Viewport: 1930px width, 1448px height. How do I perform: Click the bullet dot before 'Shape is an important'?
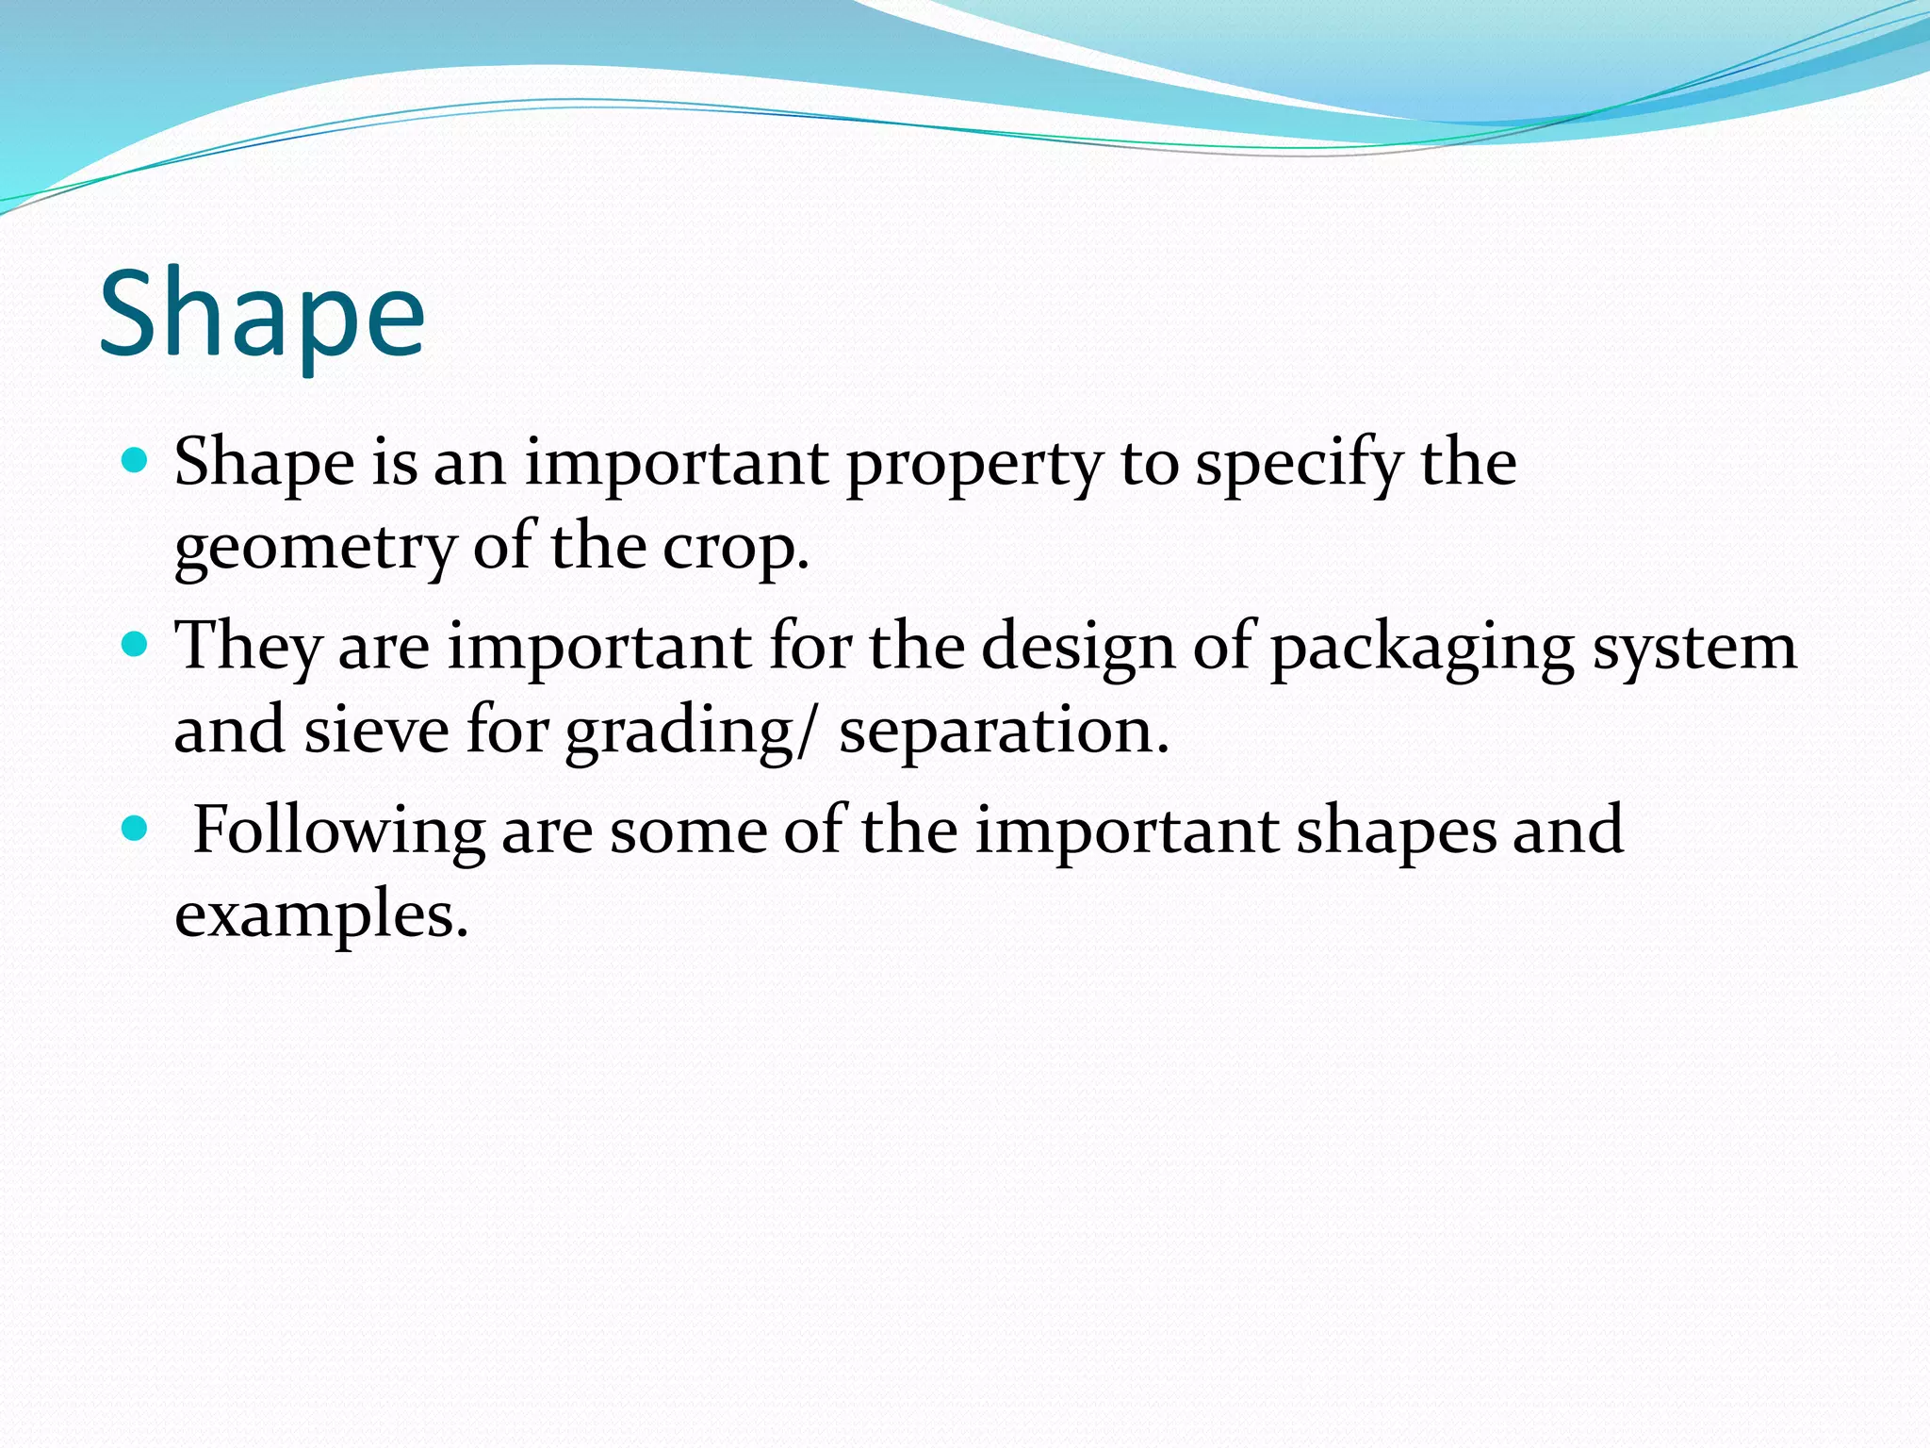(136, 461)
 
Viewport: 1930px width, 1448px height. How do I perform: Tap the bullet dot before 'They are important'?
(136, 645)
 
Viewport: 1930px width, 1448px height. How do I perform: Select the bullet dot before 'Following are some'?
(136, 829)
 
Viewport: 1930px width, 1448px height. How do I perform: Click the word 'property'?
(973, 467)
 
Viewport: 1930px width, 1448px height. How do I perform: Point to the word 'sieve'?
(376, 731)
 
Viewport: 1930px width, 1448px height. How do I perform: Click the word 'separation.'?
(1004, 732)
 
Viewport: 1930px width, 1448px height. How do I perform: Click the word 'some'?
(688, 831)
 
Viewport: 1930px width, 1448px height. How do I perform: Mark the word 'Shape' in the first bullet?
(265, 465)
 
